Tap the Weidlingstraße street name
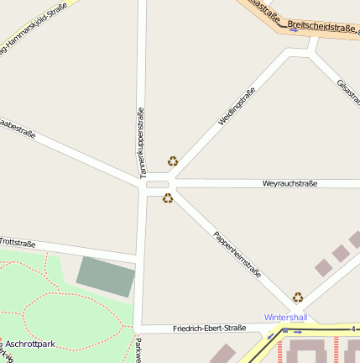(237, 107)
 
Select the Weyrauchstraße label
(290, 183)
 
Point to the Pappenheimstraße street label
(237, 255)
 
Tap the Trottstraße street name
(18, 243)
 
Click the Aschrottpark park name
(30, 344)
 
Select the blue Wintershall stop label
(286, 318)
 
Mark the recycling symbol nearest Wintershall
(298, 297)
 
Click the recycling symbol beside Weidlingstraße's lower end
(173, 160)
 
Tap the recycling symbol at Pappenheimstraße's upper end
(168, 198)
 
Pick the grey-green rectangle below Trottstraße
(106, 276)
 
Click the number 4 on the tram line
(353, 329)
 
